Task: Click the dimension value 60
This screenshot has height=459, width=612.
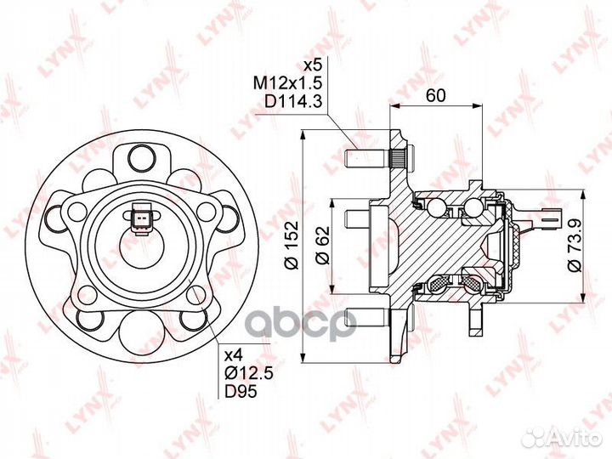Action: [435, 95]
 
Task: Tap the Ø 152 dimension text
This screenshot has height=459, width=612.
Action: [292, 246]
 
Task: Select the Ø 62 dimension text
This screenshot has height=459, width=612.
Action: [322, 246]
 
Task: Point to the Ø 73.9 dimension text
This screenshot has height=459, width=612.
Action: [575, 245]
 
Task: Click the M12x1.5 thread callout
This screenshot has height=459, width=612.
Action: [287, 83]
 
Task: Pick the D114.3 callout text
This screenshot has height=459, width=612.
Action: [292, 101]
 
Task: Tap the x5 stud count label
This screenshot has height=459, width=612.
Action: [312, 65]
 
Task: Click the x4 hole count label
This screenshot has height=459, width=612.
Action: [234, 355]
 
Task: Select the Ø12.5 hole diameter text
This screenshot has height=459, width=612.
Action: [248, 373]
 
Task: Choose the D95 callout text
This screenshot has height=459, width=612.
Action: [241, 392]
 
